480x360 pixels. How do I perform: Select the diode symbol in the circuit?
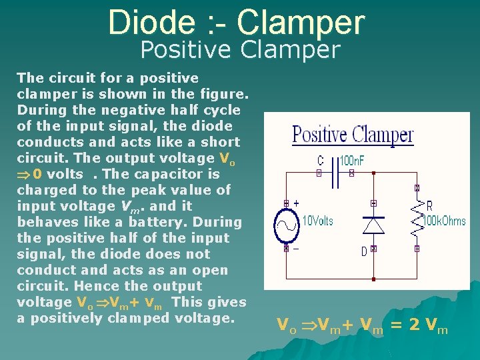(373, 225)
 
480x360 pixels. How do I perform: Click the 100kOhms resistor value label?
(445, 220)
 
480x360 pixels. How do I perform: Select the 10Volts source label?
(318, 220)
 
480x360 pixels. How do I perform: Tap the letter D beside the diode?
(364, 251)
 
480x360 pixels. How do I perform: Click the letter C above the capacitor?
(321, 161)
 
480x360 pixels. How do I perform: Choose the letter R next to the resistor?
(429, 206)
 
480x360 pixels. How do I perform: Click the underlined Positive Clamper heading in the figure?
(353, 135)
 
